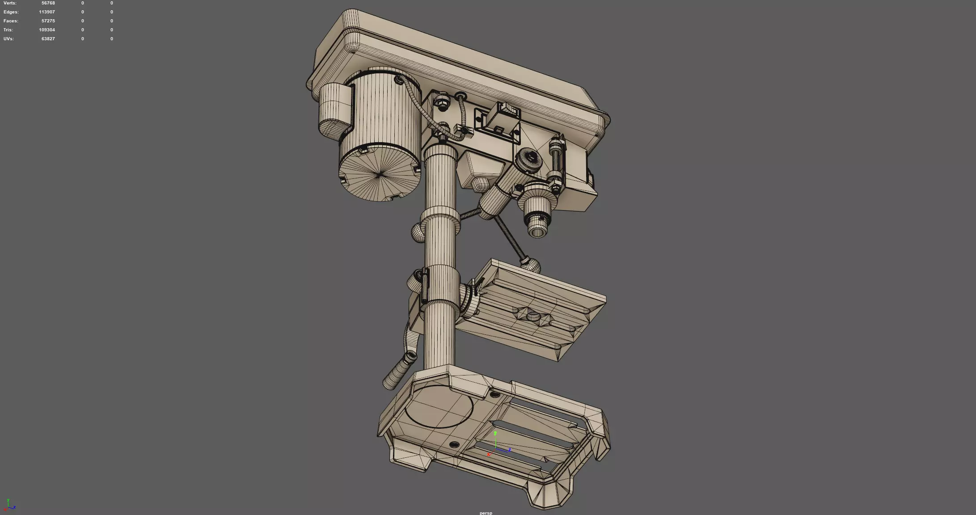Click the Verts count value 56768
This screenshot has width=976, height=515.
48,3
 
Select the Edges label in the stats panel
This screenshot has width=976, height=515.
11,12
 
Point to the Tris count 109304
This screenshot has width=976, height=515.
46,30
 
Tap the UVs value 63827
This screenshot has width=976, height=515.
48,39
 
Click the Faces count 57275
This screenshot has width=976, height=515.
48,21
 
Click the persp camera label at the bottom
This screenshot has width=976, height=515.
486,513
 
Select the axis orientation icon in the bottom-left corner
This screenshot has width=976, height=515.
10,506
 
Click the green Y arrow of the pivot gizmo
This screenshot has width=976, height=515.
495,434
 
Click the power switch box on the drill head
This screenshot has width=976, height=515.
503,119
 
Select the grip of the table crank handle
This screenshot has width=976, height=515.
399,371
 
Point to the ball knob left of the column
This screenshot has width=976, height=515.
418,232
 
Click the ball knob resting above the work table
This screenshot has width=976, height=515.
530,265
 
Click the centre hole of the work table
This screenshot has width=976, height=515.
533,317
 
